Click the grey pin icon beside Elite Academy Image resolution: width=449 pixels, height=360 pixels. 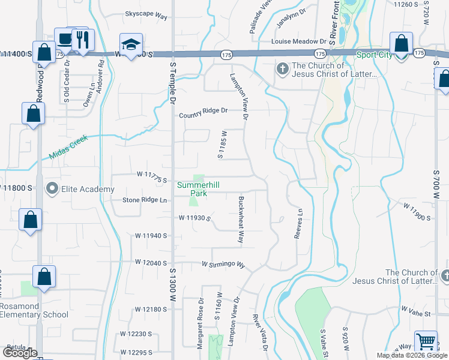click(52, 190)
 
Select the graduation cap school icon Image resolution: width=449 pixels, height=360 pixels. click(131, 44)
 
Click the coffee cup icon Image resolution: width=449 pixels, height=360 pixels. click(63, 38)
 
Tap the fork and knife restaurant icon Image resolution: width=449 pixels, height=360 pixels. click(82, 40)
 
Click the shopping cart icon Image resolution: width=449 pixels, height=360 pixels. click(426, 341)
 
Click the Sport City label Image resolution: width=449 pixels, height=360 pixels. click(374, 55)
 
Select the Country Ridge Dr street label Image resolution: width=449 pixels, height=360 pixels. click(203, 110)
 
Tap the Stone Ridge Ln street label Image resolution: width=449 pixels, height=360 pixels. click(145, 200)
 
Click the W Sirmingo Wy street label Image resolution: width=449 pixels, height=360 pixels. click(223, 264)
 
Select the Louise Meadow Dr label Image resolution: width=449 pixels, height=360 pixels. click(298, 41)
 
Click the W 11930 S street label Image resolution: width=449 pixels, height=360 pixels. click(194, 218)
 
